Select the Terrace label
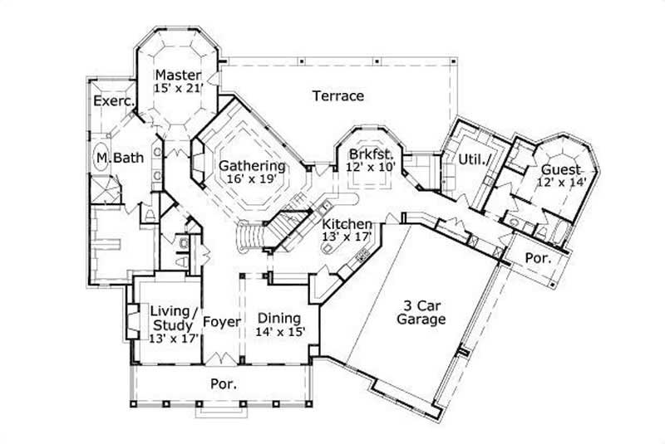click(x=338, y=96)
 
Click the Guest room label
click(x=562, y=168)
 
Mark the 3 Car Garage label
click(x=421, y=312)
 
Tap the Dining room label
click(x=279, y=317)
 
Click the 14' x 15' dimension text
click(x=279, y=331)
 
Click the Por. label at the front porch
click(x=222, y=384)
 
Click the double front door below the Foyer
click(x=221, y=359)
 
